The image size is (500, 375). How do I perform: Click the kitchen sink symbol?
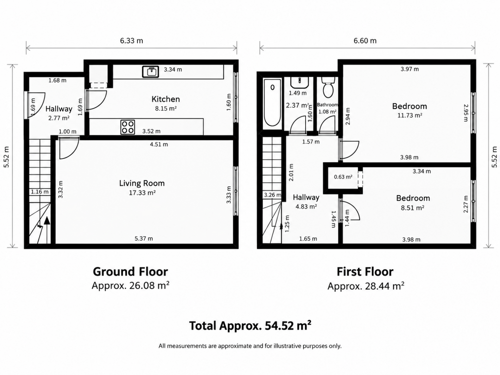[151, 72]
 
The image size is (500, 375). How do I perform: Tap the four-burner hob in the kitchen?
[128, 127]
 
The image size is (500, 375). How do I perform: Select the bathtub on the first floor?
[272, 103]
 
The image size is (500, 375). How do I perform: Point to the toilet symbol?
[328, 87]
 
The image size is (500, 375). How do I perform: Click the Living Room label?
[142, 183]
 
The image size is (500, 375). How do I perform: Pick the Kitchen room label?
[166, 99]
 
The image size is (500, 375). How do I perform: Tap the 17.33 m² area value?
[142, 193]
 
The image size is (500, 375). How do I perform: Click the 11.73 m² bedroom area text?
[410, 115]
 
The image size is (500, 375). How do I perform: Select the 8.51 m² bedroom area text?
[413, 208]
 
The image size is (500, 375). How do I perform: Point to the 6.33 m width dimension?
[132, 41]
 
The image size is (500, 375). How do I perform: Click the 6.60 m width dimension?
[365, 41]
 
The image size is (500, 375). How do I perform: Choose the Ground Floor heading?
[130, 272]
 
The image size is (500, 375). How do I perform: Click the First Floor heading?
[365, 272]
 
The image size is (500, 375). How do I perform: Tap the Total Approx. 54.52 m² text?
[250, 326]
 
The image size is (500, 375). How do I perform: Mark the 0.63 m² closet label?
[343, 177]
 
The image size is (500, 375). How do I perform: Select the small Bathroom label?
[327, 105]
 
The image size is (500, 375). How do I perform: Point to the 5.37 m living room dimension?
[144, 239]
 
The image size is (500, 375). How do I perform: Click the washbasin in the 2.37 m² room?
[299, 82]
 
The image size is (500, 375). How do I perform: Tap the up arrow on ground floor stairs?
[47, 230]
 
